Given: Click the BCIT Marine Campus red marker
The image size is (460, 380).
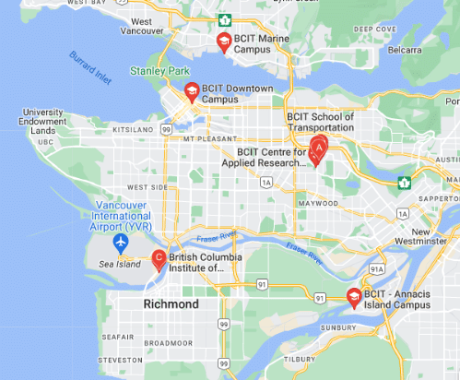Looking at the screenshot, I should (x=223, y=42).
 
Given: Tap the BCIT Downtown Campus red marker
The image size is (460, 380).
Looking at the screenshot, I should (x=191, y=91).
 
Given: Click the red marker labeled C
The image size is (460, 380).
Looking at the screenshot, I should (x=159, y=259).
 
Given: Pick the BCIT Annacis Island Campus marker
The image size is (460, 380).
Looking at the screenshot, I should (x=353, y=297).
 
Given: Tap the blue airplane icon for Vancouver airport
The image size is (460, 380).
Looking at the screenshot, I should (x=119, y=242).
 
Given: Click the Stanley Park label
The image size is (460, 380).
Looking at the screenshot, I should (x=159, y=70).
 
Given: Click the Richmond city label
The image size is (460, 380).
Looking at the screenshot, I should (x=171, y=303).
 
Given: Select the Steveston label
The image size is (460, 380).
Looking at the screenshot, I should (x=121, y=360).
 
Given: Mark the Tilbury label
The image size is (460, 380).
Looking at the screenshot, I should (x=300, y=360).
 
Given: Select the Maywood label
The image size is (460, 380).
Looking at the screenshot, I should (x=318, y=202).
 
